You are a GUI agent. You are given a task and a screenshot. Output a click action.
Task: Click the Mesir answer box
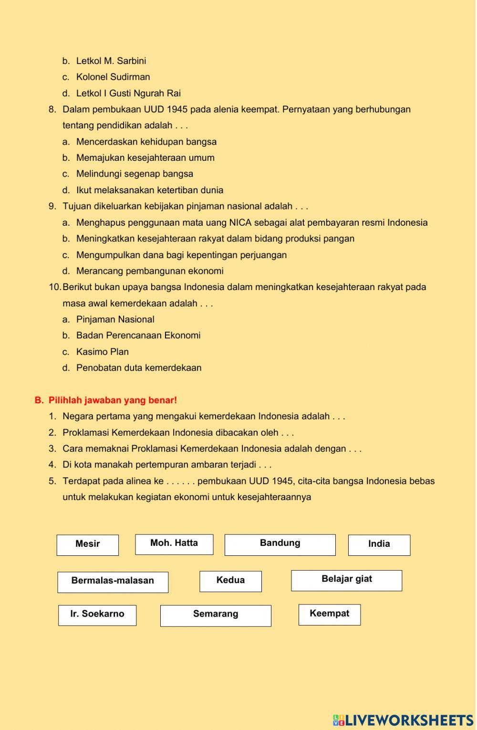[x=88, y=545]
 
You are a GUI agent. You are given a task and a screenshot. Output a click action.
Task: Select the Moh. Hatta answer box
[x=174, y=544]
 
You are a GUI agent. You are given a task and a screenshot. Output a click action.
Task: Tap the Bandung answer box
[x=280, y=544]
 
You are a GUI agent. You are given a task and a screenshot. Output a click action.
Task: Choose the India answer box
[x=379, y=545]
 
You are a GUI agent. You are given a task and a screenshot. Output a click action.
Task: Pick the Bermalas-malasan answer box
[x=113, y=582]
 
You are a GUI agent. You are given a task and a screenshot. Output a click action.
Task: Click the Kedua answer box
[x=230, y=581]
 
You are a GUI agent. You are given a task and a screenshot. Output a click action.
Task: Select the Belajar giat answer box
[x=347, y=580]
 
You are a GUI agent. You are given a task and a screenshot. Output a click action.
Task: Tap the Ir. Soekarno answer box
[x=97, y=615]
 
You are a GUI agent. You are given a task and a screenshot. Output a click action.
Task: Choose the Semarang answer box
[x=216, y=615]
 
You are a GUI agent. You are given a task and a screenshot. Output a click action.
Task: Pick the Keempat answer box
[x=330, y=615]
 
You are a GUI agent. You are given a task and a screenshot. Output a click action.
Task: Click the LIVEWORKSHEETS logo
[x=403, y=720]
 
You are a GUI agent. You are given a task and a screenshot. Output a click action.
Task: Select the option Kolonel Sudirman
[x=113, y=77]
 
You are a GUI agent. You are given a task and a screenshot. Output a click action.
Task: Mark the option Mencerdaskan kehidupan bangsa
[x=146, y=142]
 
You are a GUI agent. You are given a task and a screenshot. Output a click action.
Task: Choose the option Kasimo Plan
[x=103, y=352]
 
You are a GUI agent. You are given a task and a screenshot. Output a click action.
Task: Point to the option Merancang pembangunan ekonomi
[x=150, y=271]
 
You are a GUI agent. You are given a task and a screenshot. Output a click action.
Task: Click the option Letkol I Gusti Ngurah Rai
[x=128, y=94]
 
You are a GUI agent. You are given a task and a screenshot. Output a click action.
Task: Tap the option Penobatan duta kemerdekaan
[x=139, y=368]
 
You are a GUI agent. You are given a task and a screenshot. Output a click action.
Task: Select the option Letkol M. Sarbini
[x=111, y=61]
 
